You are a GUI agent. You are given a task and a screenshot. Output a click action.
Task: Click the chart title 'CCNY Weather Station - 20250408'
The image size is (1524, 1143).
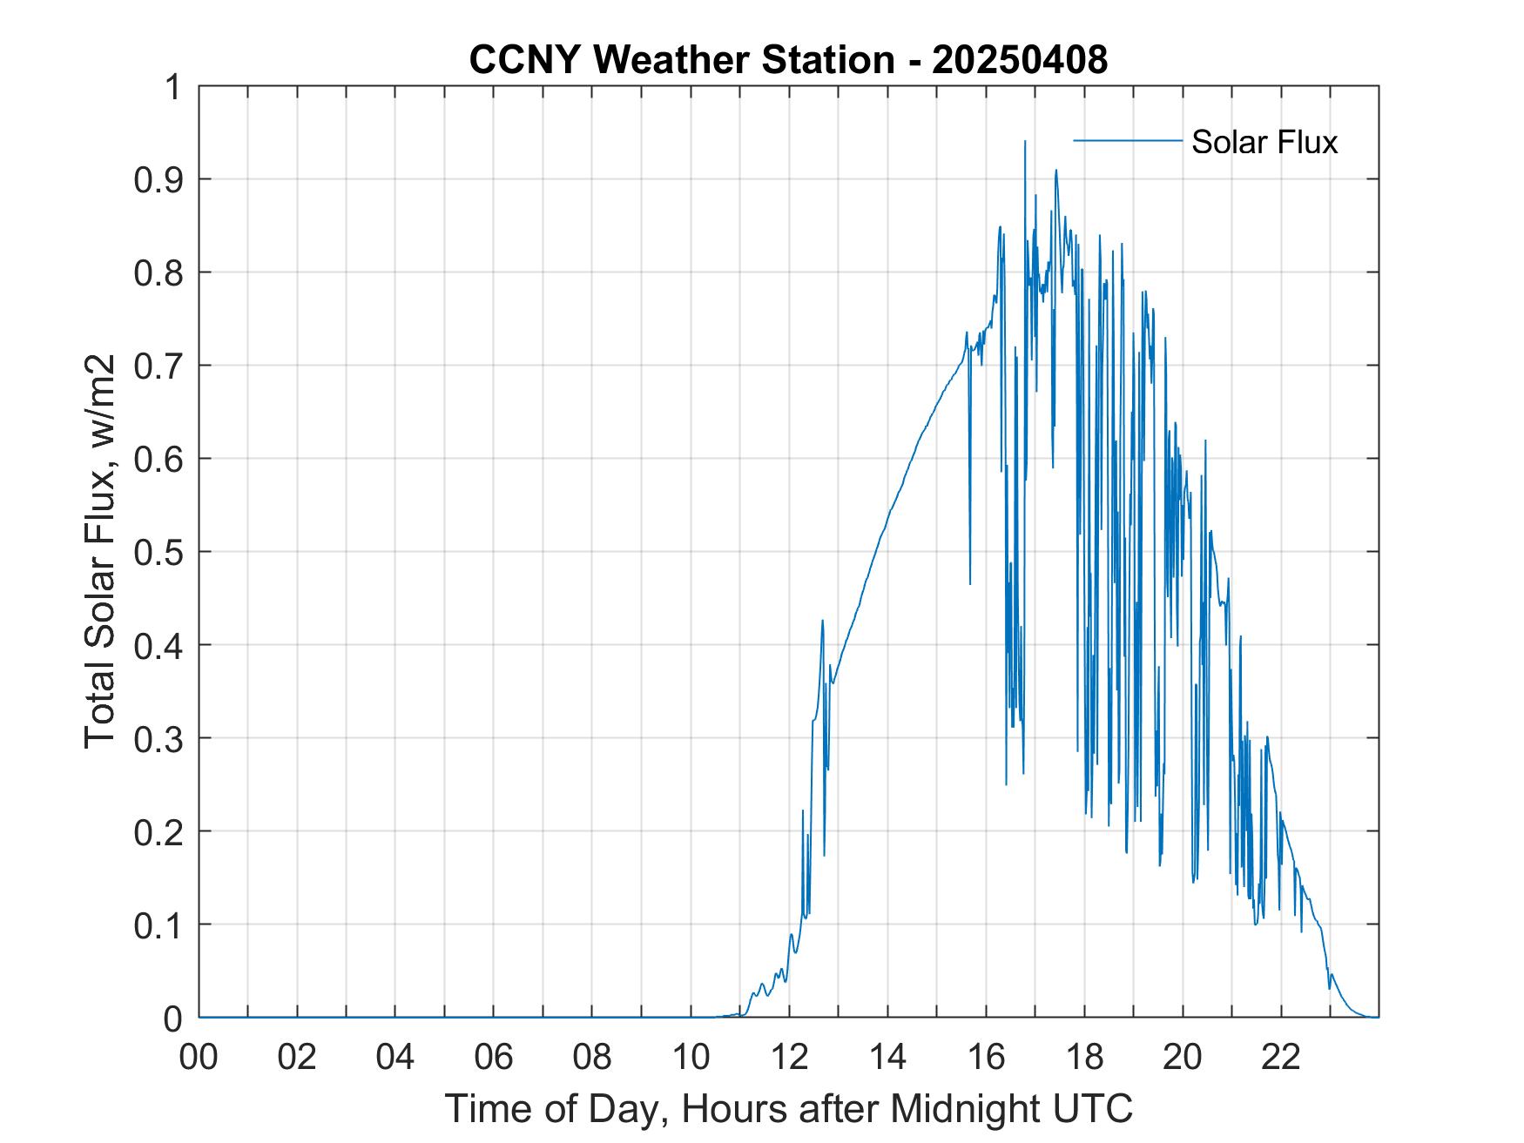(788, 60)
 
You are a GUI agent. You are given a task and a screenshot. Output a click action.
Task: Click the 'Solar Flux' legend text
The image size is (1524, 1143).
(1264, 142)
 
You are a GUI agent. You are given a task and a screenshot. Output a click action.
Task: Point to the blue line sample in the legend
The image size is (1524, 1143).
(1127, 140)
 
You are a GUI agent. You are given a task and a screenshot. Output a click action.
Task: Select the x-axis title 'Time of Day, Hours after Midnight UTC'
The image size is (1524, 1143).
(788, 1108)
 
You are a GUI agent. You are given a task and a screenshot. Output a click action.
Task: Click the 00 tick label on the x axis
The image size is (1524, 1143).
(199, 1057)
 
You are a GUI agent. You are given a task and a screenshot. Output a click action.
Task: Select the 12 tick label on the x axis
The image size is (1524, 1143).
(789, 1057)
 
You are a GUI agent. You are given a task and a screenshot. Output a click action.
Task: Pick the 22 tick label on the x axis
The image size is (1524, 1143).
(1281, 1057)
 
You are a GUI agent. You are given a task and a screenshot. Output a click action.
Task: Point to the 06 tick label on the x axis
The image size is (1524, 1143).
(494, 1057)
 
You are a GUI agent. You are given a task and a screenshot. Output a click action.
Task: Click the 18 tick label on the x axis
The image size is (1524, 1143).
(1084, 1057)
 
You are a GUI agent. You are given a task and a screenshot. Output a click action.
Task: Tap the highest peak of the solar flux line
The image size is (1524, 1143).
(1025, 141)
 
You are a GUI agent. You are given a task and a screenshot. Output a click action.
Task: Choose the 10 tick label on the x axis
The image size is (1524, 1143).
(691, 1057)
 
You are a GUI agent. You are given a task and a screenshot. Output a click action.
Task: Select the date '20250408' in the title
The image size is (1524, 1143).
(1020, 60)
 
